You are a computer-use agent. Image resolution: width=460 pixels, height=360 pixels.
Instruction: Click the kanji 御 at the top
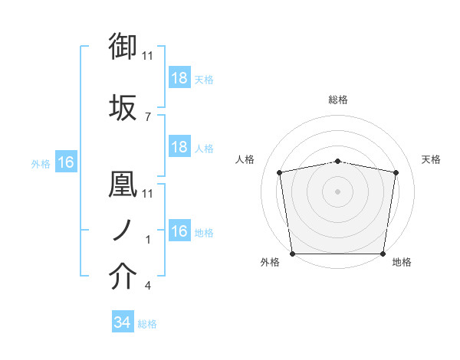[123, 47]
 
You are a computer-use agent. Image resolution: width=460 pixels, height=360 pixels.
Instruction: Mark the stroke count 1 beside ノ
[148, 240]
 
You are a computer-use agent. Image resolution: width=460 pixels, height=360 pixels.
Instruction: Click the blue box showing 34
[122, 323]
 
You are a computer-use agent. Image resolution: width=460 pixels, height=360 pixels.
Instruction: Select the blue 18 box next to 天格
[179, 77]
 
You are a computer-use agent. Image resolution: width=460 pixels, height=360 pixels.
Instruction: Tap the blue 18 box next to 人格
[179, 147]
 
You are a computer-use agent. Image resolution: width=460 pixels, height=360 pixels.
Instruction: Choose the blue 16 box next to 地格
[179, 231]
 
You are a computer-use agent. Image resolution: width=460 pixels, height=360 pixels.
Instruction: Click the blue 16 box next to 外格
[65, 162]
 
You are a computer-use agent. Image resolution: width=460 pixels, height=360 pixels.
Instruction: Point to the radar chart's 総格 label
[338, 100]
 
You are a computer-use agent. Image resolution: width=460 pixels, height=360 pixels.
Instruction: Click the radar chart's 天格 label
[431, 159]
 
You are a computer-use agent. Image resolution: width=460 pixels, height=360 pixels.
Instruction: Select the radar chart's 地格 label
[402, 262]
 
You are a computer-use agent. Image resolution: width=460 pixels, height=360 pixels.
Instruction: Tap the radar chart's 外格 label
[270, 262]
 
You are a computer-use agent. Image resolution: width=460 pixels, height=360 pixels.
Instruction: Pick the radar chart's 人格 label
[245, 159]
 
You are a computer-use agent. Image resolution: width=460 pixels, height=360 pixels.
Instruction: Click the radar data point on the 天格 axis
[396, 172]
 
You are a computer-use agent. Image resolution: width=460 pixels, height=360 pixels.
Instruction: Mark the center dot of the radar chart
[338, 191]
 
